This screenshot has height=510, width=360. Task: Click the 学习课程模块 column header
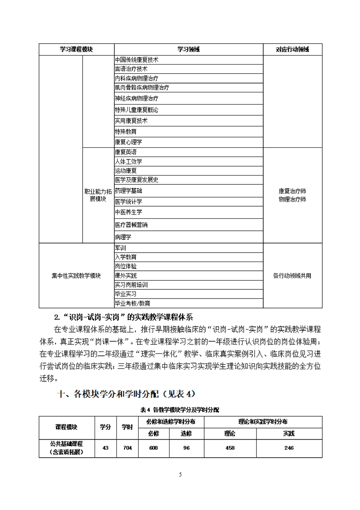tap(76, 49)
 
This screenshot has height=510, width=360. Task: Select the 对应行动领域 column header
tap(293, 49)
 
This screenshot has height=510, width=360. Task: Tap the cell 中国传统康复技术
tap(136, 60)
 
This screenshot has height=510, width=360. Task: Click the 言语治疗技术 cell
tap(131, 69)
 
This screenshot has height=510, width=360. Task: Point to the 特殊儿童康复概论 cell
tap(136, 110)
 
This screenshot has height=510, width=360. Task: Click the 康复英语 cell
tap(126, 152)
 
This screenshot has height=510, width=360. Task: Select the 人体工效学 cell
tap(129, 162)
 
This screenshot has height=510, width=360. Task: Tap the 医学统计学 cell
tap(129, 202)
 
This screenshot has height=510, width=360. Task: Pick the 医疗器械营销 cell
tap(131, 225)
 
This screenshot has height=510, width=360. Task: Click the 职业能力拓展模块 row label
tap(98, 195)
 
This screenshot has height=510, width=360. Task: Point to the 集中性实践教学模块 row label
tap(76, 276)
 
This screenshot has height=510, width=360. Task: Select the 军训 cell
tap(120, 248)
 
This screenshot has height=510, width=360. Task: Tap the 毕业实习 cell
tap(126, 294)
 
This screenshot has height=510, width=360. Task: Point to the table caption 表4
tap(180, 409)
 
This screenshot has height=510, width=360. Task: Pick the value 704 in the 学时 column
tap(127, 448)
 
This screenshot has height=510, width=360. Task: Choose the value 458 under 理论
tap(230, 448)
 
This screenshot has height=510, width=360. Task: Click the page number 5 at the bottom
tap(180, 475)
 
